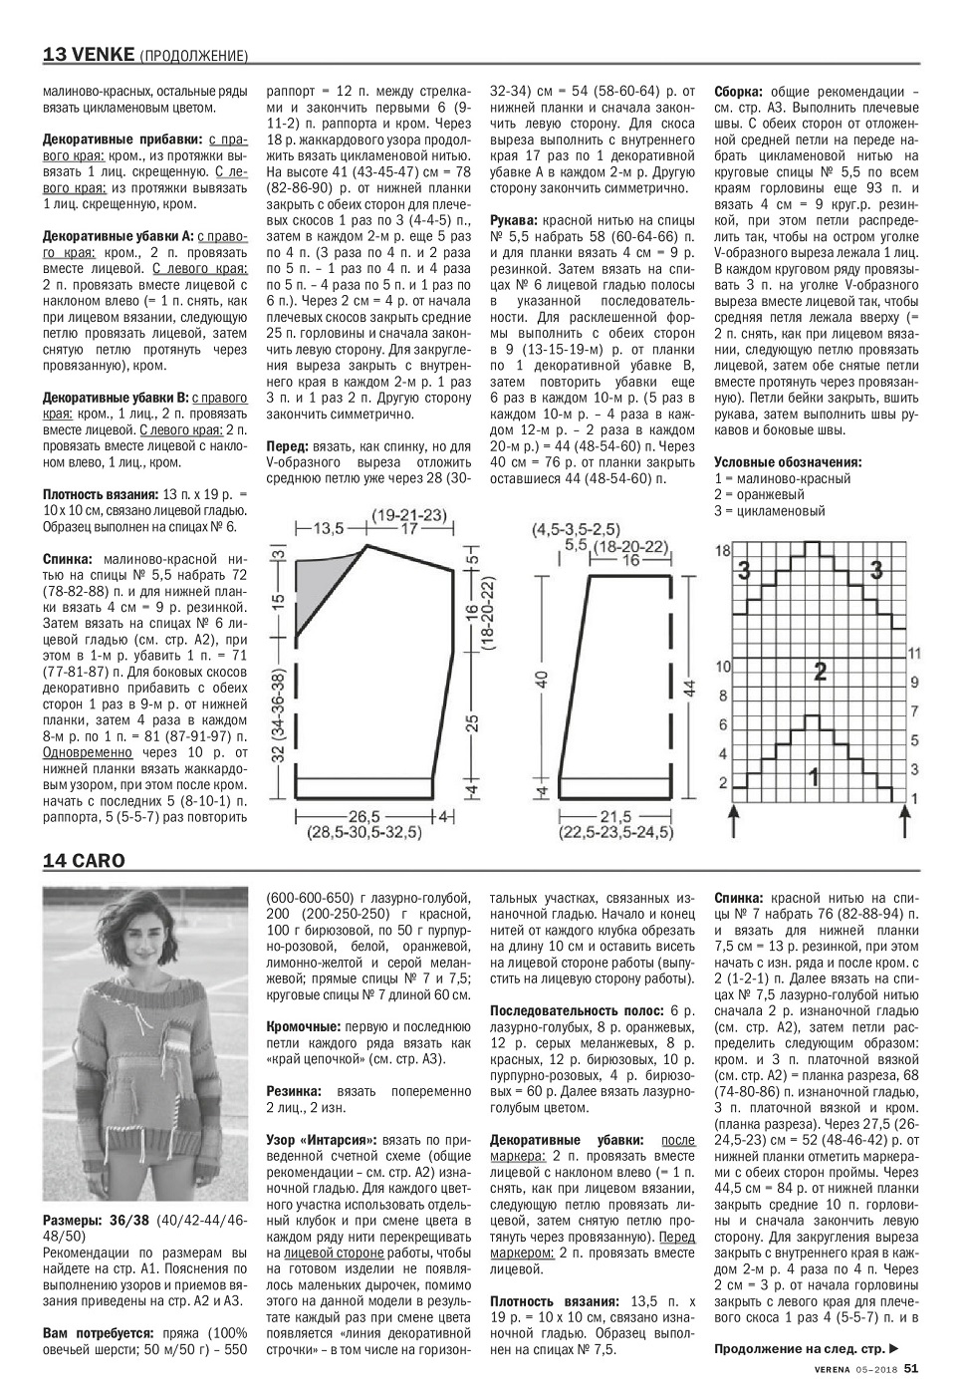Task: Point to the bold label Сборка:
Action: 740,91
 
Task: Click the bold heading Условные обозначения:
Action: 788,462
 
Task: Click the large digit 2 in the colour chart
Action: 820,671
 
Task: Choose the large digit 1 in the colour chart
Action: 815,773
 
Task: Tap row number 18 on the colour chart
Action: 723,551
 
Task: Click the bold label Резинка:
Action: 293,1091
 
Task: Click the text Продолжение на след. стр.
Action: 807,1349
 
